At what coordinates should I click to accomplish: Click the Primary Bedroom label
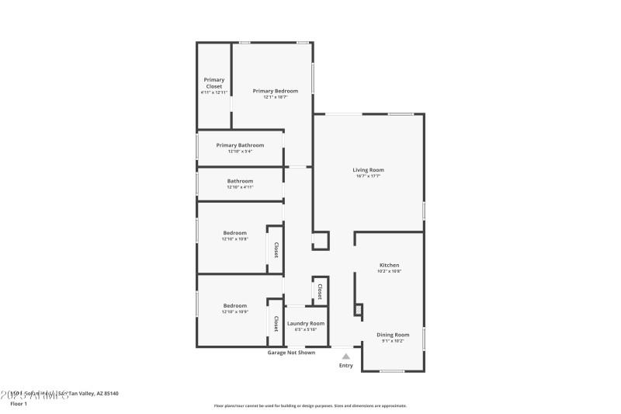pyautogui.click(x=275, y=91)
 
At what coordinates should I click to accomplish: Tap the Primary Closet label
pyautogui.click(x=214, y=82)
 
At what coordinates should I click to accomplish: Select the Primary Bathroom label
pyautogui.click(x=240, y=145)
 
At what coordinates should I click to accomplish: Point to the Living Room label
pyautogui.click(x=368, y=169)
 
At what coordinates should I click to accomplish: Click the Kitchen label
pyautogui.click(x=389, y=265)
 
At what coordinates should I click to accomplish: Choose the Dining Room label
pyautogui.click(x=392, y=335)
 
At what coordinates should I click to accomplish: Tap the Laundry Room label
pyautogui.click(x=306, y=323)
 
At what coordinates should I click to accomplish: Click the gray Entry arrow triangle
pyautogui.click(x=346, y=357)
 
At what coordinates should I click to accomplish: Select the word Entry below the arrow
pyautogui.click(x=346, y=366)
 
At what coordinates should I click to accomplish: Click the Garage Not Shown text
pyautogui.click(x=291, y=353)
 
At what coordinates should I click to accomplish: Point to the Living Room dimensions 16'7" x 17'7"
pyautogui.click(x=368, y=176)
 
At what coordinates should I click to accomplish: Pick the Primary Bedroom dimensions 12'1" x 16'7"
pyautogui.click(x=275, y=97)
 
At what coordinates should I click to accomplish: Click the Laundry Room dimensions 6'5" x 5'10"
pyautogui.click(x=306, y=329)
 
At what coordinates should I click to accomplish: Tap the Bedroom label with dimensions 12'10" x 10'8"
pyautogui.click(x=235, y=233)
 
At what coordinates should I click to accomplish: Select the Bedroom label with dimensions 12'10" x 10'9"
pyautogui.click(x=235, y=305)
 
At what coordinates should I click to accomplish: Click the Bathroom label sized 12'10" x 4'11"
pyautogui.click(x=240, y=181)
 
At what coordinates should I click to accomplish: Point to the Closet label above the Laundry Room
pyautogui.click(x=320, y=290)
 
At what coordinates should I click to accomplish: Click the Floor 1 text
pyautogui.click(x=18, y=404)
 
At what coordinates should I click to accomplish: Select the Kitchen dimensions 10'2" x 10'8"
pyautogui.click(x=389, y=271)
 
